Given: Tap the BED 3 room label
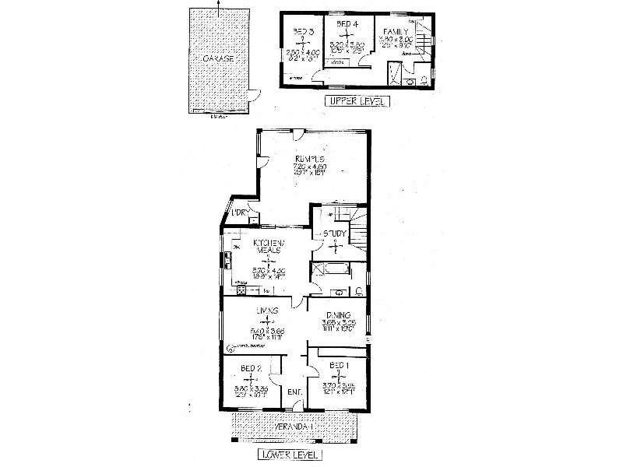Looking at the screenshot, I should tap(302, 32).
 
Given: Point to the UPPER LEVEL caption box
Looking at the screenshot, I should tap(357, 101).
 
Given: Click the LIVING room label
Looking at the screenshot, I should tap(269, 311).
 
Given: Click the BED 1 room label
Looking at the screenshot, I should tap(340, 365).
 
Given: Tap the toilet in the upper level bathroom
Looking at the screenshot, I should tap(423, 79).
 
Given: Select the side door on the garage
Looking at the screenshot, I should tap(252, 97).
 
